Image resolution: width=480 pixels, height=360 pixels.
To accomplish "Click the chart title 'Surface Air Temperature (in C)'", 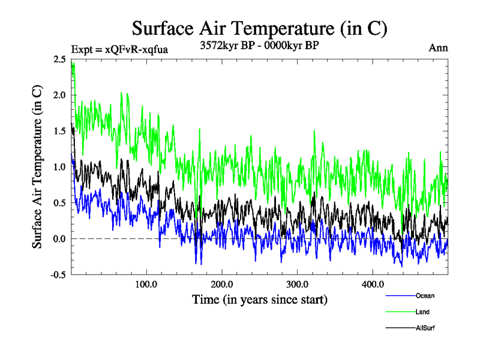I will (259, 28).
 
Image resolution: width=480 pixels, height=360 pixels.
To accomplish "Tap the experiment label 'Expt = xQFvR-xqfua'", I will (119, 49).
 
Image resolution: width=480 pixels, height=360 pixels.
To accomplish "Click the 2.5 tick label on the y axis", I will (60, 59).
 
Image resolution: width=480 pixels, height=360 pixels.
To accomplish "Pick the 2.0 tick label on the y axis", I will (60, 95).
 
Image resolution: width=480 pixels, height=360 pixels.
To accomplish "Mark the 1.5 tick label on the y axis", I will (60, 131).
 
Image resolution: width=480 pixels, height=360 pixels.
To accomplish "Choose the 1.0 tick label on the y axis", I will (60, 167).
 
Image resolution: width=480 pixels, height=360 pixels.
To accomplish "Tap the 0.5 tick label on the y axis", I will (60, 203).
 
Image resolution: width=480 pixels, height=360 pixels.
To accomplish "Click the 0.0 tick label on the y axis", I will (60, 239).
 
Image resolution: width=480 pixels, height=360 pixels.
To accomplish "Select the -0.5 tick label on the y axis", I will (59, 275).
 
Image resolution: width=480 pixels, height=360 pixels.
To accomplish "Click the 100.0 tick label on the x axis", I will (146, 284).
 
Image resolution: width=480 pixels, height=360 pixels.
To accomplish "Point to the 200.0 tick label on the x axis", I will (222, 284).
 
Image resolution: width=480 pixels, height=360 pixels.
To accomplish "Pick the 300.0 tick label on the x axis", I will (298, 284).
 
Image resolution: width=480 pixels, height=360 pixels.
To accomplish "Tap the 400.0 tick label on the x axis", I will (373, 284).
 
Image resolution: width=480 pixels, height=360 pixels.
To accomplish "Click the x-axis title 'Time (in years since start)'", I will (260, 299).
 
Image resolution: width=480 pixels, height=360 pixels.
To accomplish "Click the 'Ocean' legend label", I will (425, 296).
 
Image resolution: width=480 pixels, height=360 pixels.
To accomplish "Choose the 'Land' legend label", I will (422, 312).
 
